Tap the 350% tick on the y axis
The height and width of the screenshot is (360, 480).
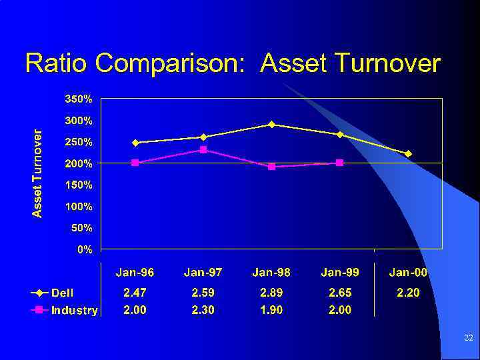click(x=78, y=99)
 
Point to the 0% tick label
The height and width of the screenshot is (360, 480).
click(x=85, y=249)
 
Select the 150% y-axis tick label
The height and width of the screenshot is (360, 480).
click(x=78, y=185)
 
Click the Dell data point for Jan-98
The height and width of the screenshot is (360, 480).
click(x=271, y=124)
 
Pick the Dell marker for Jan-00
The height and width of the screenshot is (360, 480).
click(x=408, y=153)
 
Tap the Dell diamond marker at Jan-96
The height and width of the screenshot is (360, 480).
click(x=135, y=143)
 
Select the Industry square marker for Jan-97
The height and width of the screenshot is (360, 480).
click(x=203, y=149)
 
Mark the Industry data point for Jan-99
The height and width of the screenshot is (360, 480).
click(x=339, y=163)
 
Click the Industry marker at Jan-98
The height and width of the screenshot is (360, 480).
click(x=271, y=167)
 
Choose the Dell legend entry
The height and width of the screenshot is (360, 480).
click(x=54, y=293)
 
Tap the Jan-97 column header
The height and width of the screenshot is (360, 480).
click(x=203, y=272)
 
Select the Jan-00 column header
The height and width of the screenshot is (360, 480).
click(x=408, y=272)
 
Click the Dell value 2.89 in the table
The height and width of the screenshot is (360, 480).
click(x=271, y=293)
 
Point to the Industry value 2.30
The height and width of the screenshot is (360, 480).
click(x=203, y=310)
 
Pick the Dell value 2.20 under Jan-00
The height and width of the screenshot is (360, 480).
click(x=408, y=293)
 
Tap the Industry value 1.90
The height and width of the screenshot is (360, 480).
click(x=271, y=310)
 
